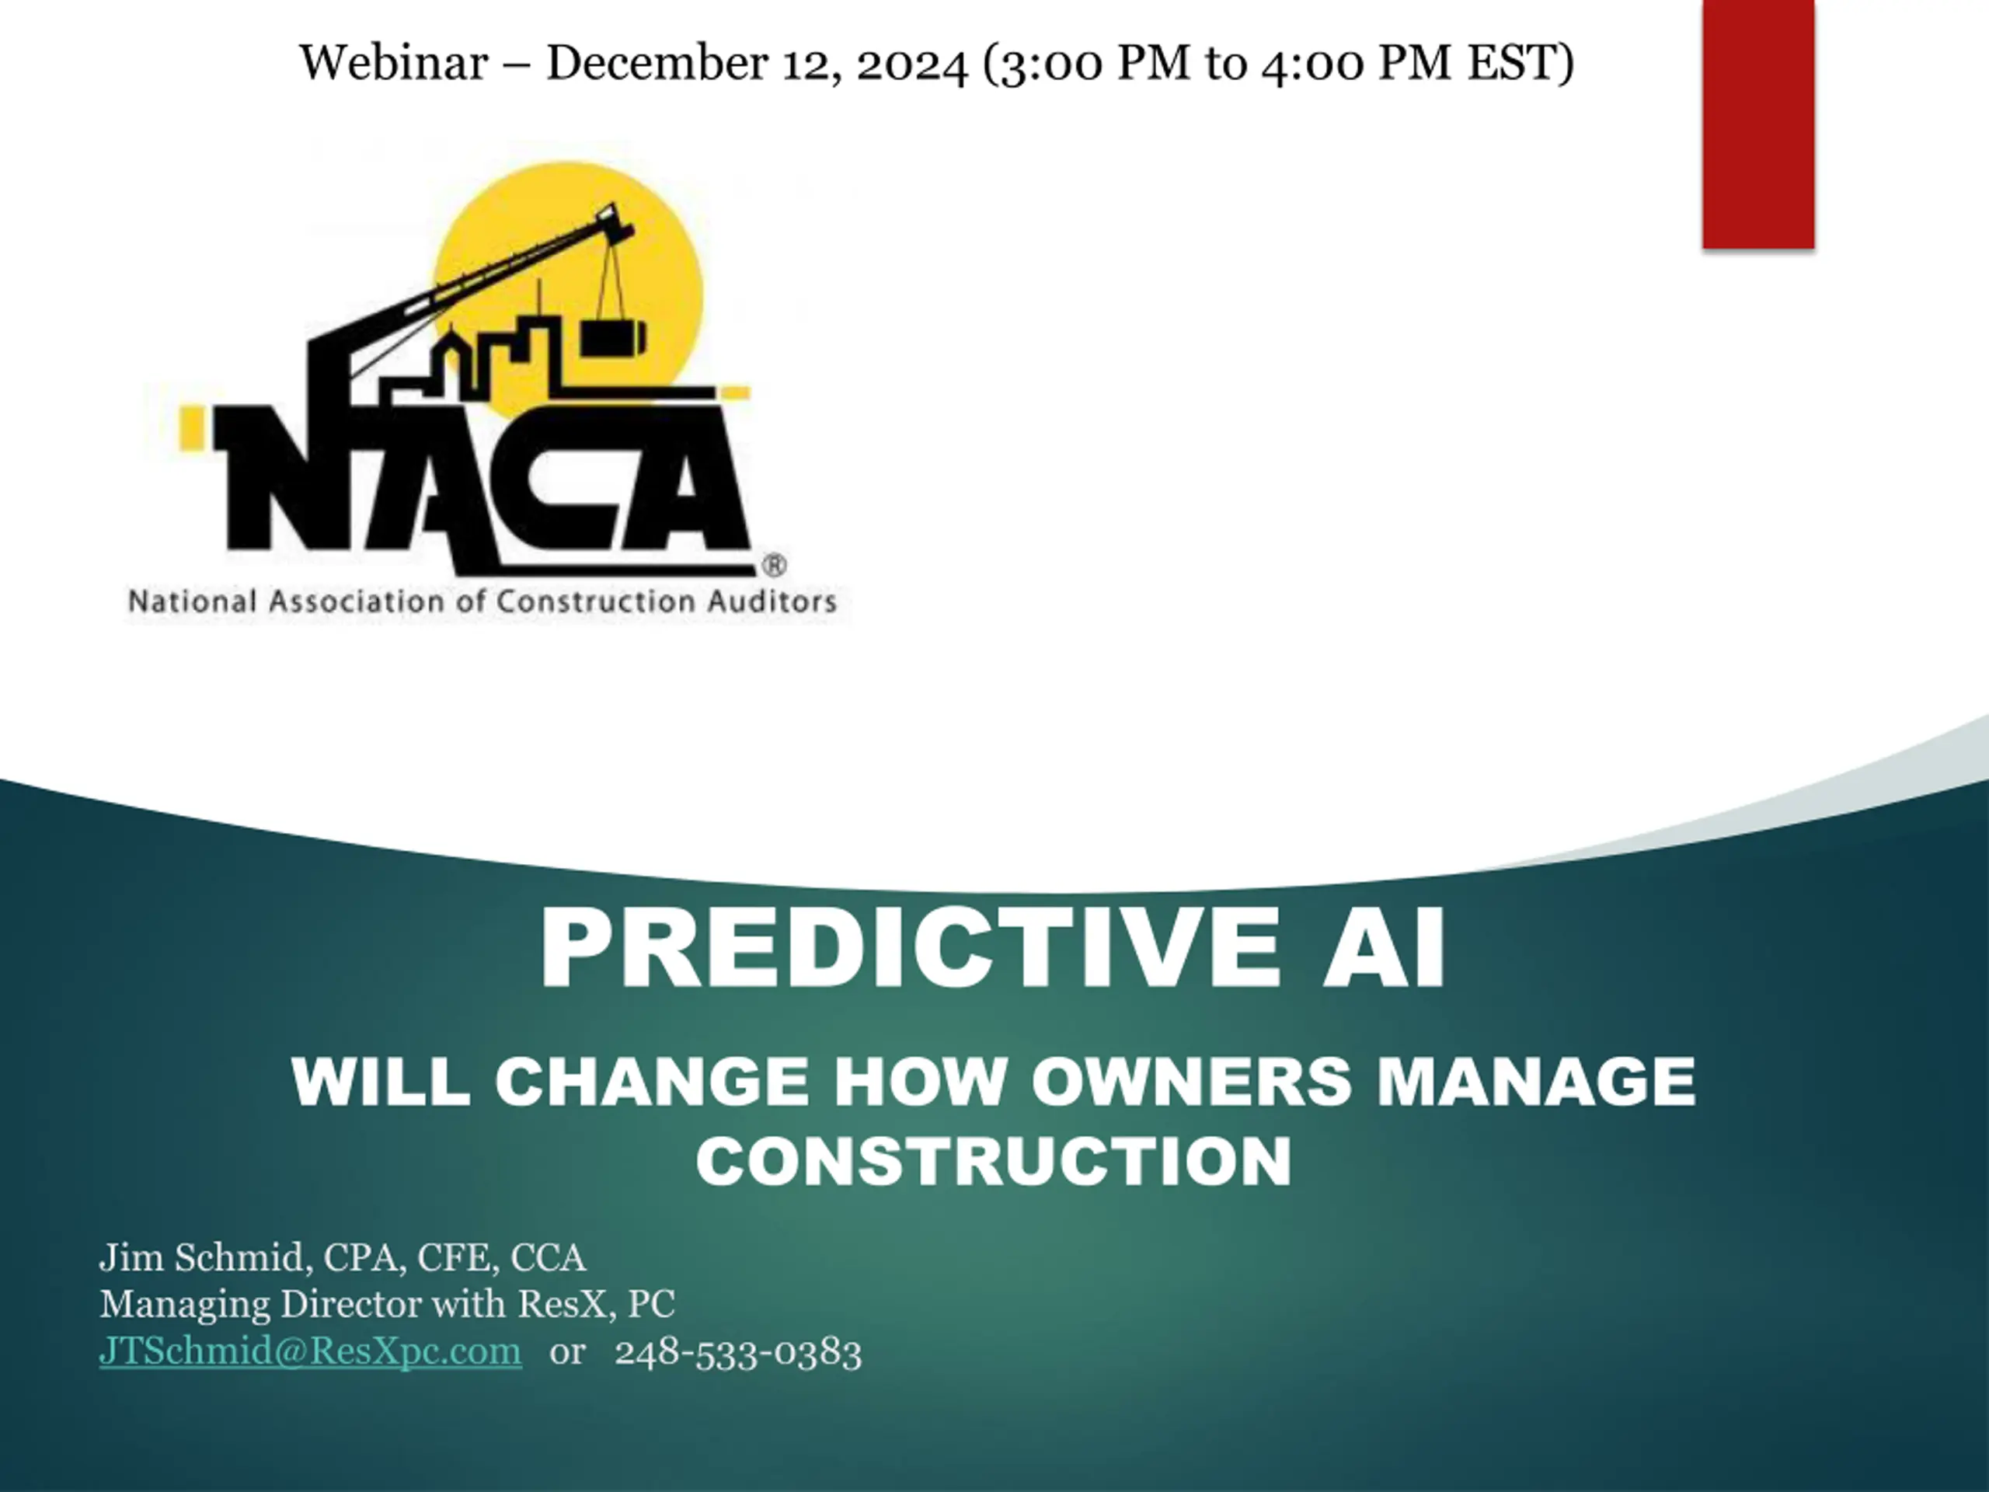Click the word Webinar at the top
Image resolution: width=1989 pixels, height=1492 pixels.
click(x=393, y=63)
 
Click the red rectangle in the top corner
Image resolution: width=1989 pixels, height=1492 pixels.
click(x=1758, y=124)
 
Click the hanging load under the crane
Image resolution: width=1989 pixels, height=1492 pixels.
click(x=612, y=337)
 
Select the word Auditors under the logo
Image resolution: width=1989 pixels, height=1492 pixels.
click(x=772, y=601)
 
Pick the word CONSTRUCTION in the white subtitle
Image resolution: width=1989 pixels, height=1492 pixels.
click(x=994, y=1160)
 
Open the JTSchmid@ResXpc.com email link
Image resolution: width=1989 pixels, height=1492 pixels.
click(x=310, y=1351)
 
